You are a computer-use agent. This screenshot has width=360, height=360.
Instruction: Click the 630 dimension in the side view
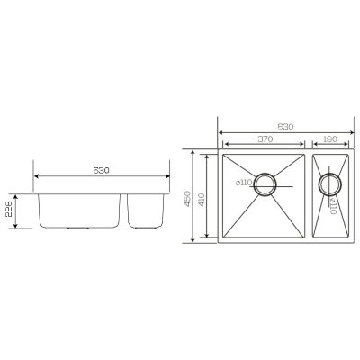[102, 166]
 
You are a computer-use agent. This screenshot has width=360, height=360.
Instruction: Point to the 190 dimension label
[330, 139]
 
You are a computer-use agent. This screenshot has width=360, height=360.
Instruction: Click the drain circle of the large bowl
[265, 184]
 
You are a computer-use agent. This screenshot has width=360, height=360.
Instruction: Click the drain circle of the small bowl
[329, 184]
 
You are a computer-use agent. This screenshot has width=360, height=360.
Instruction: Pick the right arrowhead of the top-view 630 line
[349, 133]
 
